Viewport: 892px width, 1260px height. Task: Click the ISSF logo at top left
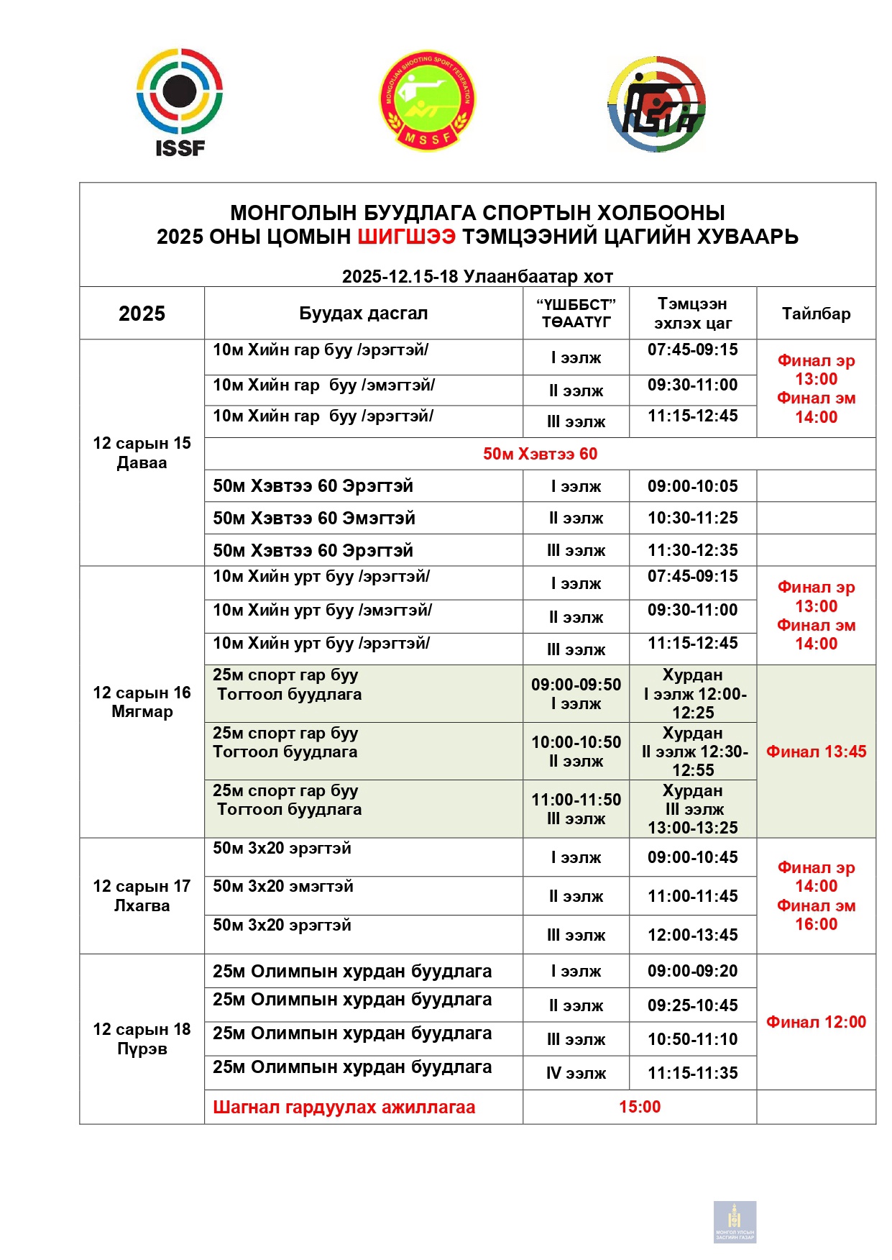(x=180, y=101)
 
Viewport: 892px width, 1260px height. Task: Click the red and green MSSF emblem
(x=428, y=101)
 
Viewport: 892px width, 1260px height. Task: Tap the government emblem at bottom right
(x=735, y=1221)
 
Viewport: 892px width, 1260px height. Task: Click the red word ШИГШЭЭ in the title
(x=406, y=237)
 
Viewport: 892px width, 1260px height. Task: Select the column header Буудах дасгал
(x=363, y=314)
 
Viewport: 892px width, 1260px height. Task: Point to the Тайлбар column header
(x=816, y=314)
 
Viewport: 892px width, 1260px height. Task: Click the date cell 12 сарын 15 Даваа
(x=142, y=453)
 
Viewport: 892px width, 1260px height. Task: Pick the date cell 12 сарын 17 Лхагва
(x=142, y=896)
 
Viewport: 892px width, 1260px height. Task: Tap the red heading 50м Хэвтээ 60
(x=540, y=454)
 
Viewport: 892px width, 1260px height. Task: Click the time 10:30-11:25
(x=692, y=518)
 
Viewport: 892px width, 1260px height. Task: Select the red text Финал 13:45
(x=816, y=752)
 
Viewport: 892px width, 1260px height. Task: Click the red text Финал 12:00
(x=816, y=1022)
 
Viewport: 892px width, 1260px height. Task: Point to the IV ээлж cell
(x=576, y=1074)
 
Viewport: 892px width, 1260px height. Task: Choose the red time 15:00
(x=640, y=1107)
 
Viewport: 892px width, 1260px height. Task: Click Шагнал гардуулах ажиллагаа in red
(x=344, y=1108)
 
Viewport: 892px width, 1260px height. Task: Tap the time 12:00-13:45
(x=692, y=935)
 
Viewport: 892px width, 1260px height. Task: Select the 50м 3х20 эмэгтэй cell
(x=283, y=887)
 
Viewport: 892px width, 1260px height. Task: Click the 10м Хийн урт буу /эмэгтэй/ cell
(x=322, y=611)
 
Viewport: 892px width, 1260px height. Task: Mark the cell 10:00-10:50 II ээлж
(x=576, y=752)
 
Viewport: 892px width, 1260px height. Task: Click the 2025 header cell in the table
(x=142, y=314)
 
